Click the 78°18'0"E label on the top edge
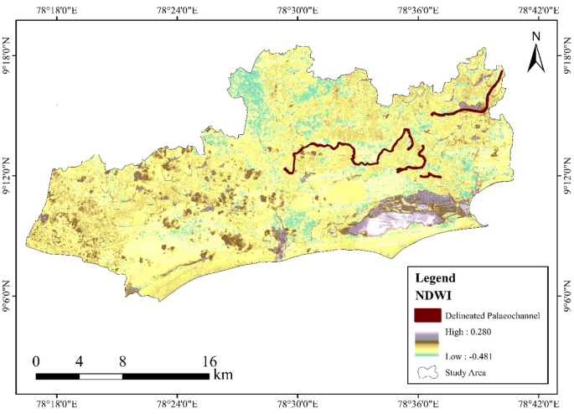(x=57, y=9)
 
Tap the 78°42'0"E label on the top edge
(x=537, y=9)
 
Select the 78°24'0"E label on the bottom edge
(x=177, y=405)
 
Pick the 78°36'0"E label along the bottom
(x=417, y=405)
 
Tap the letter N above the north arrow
(x=536, y=36)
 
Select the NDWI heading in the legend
(x=433, y=294)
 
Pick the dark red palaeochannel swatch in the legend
(x=427, y=315)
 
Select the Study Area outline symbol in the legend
(x=427, y=372)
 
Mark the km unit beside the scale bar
(x=223, y=375)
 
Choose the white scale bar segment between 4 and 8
(x=101, y=375)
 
